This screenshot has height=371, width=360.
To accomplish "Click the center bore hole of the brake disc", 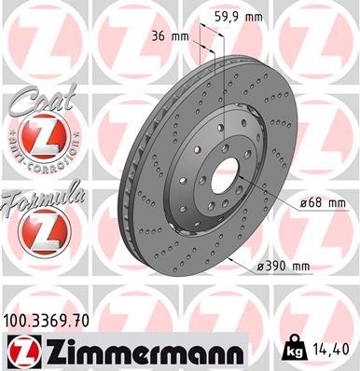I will (x=228, y=172).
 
